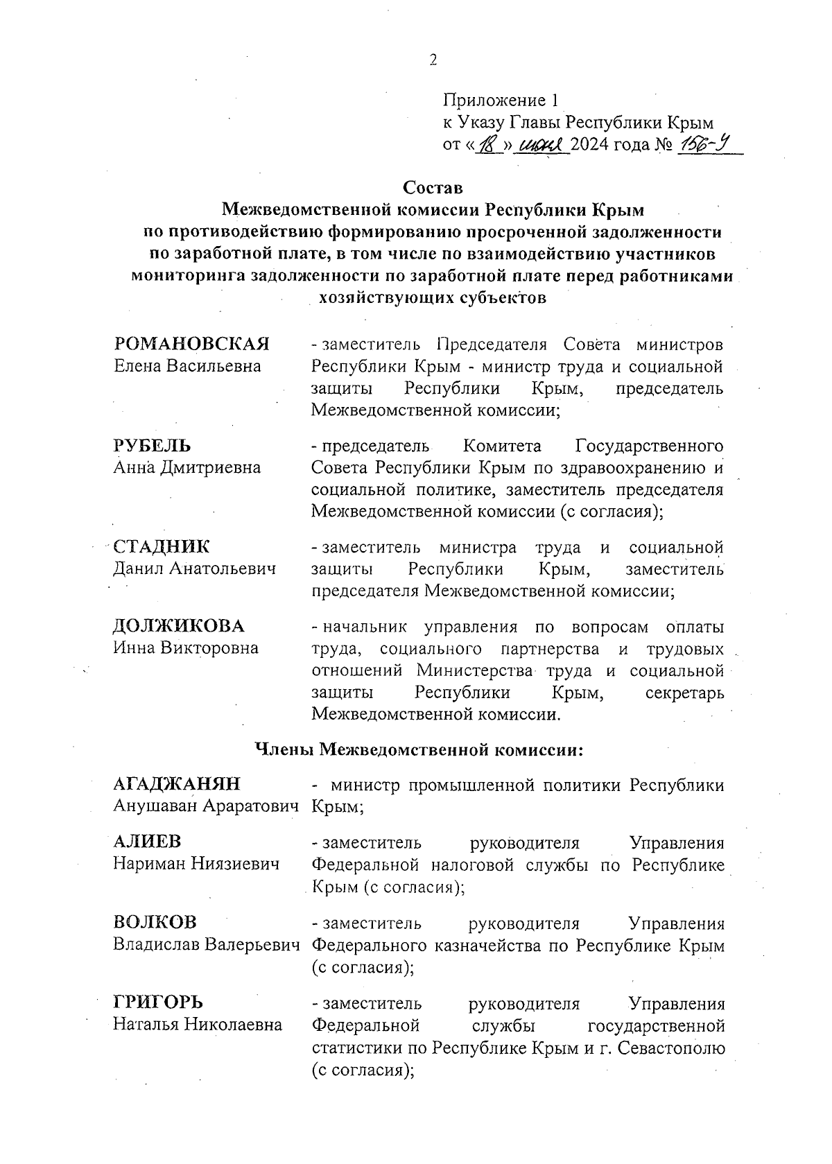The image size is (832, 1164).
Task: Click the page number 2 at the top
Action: pyautogui.click(x=433, y=60)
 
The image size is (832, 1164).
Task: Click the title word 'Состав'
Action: pyautogui.click(x=432, y=188)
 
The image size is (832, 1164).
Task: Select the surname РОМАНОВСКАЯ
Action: pyautogui.click(x=191, y=344)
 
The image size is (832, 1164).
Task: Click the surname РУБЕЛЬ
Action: pyautogui.click(x=152, y=445)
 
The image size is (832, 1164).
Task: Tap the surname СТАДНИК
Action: pyautogui.click(x=161, y=546)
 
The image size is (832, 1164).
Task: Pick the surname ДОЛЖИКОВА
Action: pyautogui.click(x=179, y=626)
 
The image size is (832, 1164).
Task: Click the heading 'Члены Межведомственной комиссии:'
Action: pyautogui.click(x=419, y=749)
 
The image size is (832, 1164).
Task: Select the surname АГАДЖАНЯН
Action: pyautogui.click(x=177, y=784)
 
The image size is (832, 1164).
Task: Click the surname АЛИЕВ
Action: pyautogui.click(x=147, y=842)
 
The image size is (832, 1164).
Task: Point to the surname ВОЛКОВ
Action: pyautogui.click(x=155, y=923)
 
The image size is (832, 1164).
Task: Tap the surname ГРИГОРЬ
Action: pyautogui.click(x=159, y=1003)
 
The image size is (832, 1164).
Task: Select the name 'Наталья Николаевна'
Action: pyautogui.click(x=198, y=1025)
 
